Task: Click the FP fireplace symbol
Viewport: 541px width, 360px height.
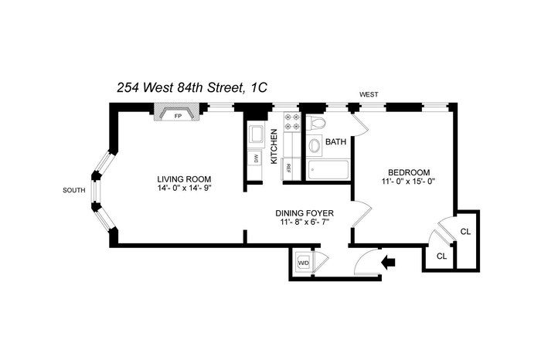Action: click(x=177, y=112)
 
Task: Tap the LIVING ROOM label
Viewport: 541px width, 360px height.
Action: click(x=184, y=179)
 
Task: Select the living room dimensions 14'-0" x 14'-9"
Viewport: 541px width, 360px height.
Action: click(x=184, y=188)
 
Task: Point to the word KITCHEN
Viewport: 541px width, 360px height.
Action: click(x=274, y=146)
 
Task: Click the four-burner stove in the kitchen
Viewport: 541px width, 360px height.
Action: click(x=292, y=122)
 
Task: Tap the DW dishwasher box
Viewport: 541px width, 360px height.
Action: click(x=255, y=158)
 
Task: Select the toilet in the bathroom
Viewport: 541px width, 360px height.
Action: click(x=315, y=123)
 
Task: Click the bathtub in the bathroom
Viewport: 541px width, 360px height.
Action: click(x=328, y=170)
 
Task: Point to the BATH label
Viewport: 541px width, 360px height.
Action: click(x=335, y=141)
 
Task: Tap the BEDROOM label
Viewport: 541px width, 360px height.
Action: click(x=409, y=172)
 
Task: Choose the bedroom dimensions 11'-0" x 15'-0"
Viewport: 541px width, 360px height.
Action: click(x=409, y=181)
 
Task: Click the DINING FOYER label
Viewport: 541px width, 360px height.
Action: click(x=305, y=213)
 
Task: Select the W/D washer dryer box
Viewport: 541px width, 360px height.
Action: click(x=304, y=263)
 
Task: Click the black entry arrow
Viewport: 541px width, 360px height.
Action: click(x=388, y=263)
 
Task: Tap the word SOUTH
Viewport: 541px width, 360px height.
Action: click(x=74, y=190)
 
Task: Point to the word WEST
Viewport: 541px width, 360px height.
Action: click(x=369, y=94)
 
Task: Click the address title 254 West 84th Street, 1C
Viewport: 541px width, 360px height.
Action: click(x=192, y=87)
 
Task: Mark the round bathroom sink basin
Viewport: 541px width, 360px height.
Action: click(x=315, y=145)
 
